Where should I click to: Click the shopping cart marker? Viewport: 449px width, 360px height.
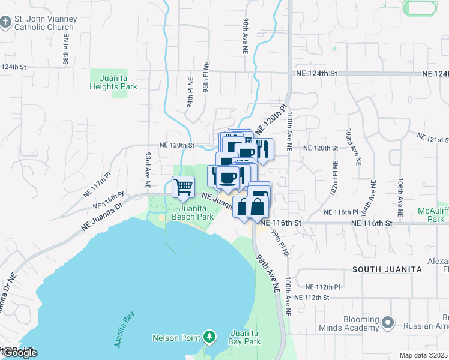tap(183, 187)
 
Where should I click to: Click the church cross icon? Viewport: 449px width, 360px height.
tap(5, 23)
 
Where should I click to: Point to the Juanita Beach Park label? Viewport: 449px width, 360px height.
tap(193, 212)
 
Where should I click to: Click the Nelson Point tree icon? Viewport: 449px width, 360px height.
tap(209, 337)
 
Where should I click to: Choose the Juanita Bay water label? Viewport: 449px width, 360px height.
tap(123, 329)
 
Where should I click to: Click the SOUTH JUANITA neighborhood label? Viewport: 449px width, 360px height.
tap(387, 269)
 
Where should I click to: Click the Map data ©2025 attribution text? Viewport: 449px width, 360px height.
tap(424, 355)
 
